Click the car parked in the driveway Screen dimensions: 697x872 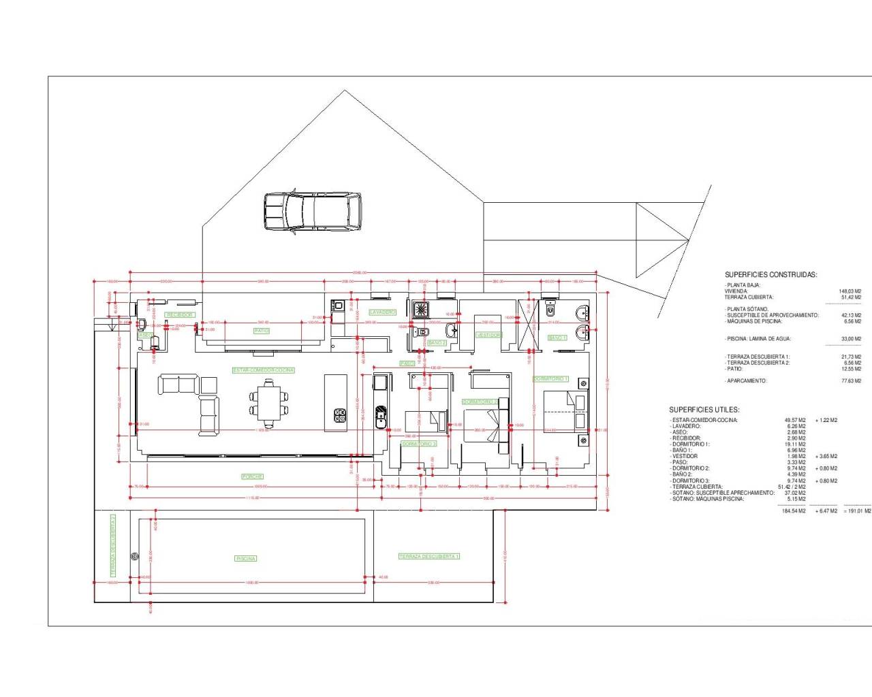313,212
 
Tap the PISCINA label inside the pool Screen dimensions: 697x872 245,558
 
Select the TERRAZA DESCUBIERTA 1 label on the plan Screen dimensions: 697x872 429,556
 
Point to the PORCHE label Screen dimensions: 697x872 252,476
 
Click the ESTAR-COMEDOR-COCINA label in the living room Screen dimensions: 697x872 264,370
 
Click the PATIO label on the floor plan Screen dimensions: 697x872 262,331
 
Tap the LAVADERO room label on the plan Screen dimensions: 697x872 382,312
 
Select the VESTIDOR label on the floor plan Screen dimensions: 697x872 488,335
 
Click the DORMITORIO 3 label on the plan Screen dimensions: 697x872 418,443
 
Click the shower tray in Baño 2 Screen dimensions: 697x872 420,310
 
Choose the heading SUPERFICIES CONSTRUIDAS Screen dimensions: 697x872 770,275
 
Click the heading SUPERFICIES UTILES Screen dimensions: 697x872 704,410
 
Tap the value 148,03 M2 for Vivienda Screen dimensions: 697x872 850,291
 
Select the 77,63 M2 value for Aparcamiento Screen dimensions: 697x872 852,381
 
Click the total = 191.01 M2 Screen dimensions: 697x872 856,510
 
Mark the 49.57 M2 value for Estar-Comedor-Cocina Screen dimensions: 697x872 795,420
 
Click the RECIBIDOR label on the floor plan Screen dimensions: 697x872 180,314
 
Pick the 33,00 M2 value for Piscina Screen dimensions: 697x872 852,339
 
